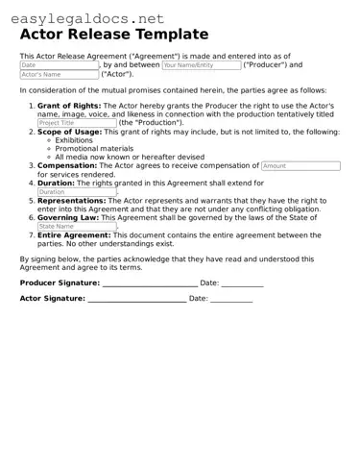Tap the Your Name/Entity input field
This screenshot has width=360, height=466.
tap(201, 65)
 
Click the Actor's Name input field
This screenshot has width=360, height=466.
tap(59, 74)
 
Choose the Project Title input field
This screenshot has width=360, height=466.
tap(77, 123)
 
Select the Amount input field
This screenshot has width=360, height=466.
tap(300, 165)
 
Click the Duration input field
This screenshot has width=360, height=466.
tap(77, 191)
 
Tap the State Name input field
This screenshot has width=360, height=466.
tap(77, 226)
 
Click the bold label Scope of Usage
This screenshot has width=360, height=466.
tap(69, 132)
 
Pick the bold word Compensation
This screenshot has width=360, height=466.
tap(67, 165)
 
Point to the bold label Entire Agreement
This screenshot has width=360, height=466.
tap(74, 234)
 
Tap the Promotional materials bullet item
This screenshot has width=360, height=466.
tap(94, 149)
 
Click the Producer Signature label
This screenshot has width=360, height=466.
tap(60, 282)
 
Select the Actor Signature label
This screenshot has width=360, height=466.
tap(52, 299)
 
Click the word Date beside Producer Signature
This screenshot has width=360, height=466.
tap(209, 282)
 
